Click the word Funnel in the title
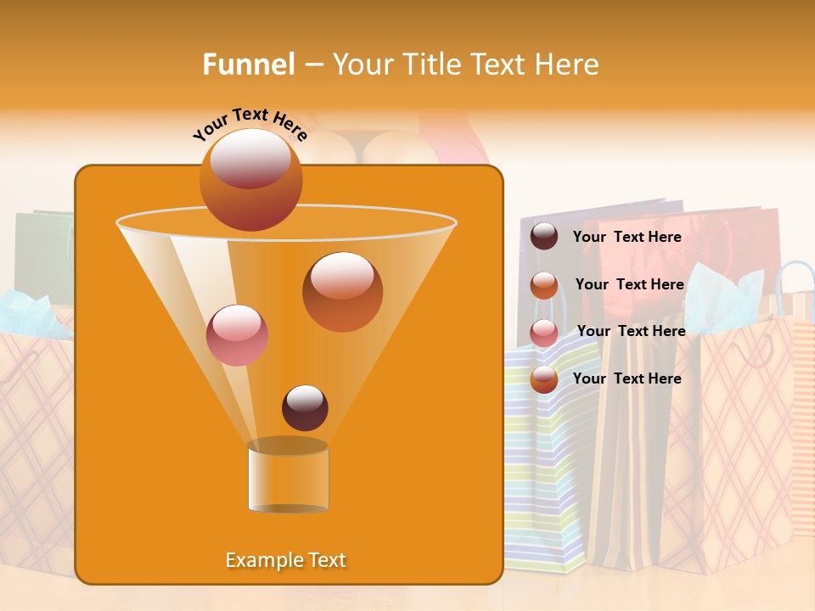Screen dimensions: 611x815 (248, 64)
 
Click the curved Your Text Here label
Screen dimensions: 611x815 (250, 124)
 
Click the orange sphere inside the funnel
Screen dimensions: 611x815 (342, 291)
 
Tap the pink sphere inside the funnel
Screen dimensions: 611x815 (237, 334)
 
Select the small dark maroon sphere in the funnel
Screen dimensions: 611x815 (305, 407)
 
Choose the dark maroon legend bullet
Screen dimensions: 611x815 (544, 237)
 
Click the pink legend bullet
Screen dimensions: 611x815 (544, 332)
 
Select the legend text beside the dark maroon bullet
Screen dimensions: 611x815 (627, 238)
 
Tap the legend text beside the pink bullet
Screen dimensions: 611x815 (631, 331)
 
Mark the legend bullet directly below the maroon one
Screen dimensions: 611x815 (544, 285)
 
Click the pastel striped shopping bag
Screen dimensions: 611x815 (543, 475)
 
